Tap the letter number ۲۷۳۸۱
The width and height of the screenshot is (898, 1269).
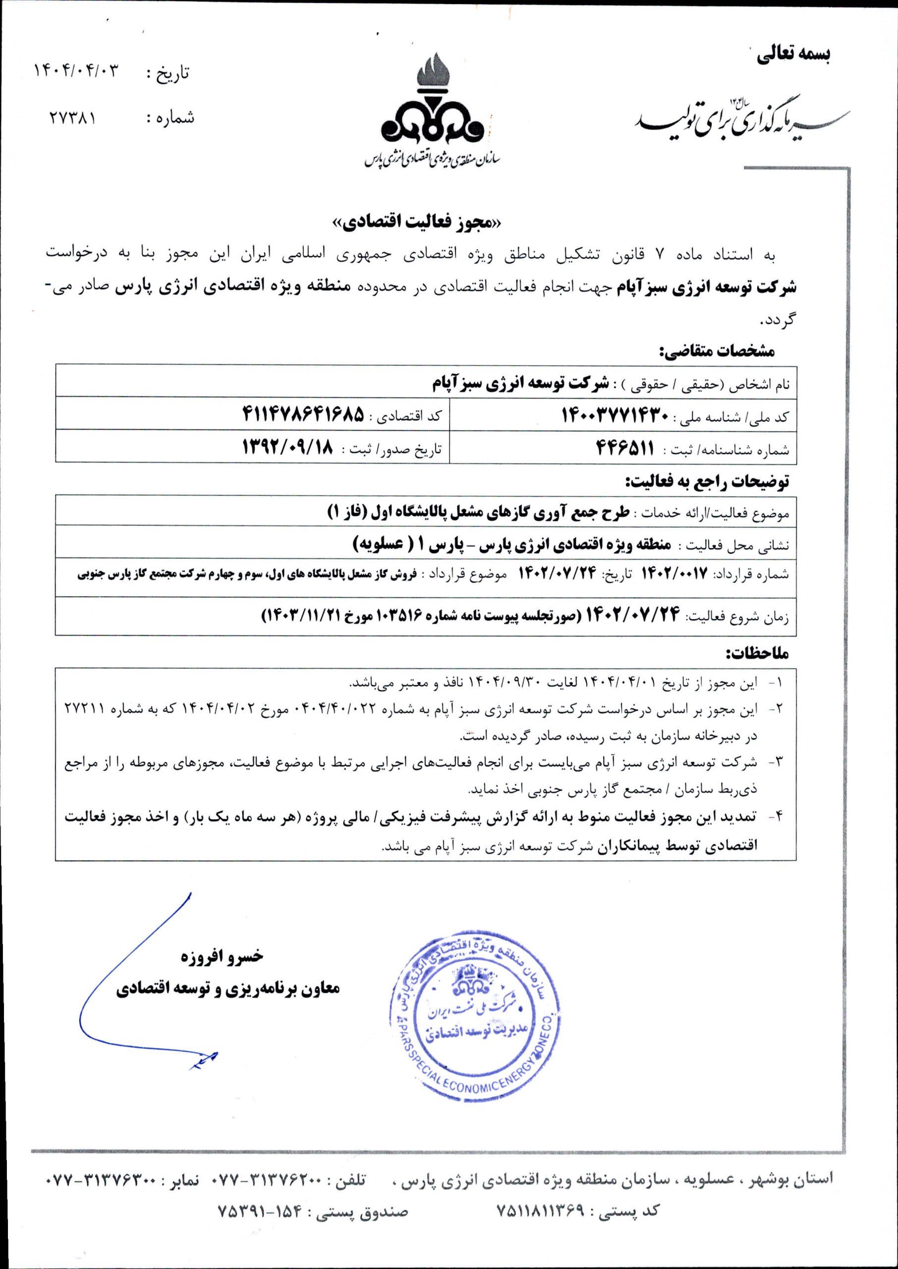72,118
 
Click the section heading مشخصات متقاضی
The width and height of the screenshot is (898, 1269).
718,350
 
